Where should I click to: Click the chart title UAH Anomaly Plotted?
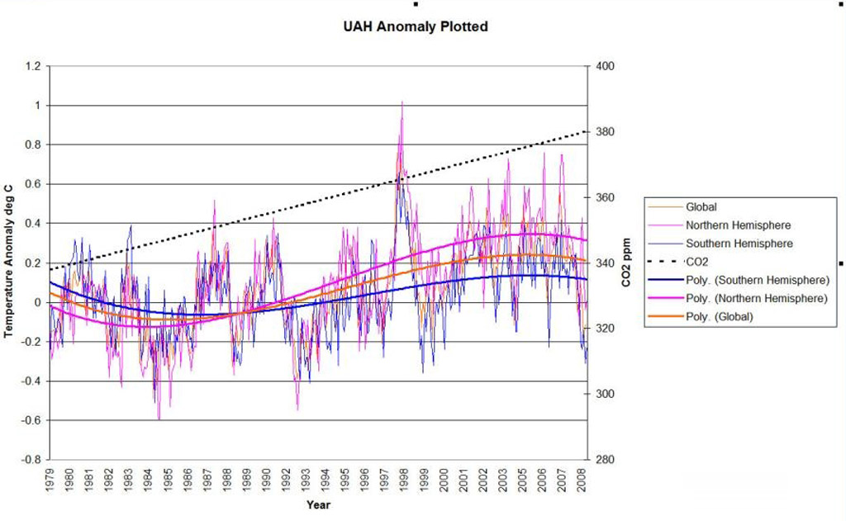pyautogui.click(x=415, y=26)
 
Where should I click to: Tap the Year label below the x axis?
pyautogui.click(x=318, y=504)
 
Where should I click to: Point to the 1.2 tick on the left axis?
pyautogui.click(x=33, y=66)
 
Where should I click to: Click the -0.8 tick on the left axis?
pyautogui.click(x=31, y=460)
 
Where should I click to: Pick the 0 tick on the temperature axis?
pyautogui.click(x=37, y=302)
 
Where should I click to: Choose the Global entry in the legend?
pyautogui.click(x=702, y=207)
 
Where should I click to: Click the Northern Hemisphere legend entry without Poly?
pyautogui.click(x=738, y=225)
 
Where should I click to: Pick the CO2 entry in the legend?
pyautogui.click(x=697, y=261)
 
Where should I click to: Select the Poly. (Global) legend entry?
pyautogui.click(x=719, y=315)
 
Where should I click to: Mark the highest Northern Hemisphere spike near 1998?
pyautogui.click(x=402, y=102)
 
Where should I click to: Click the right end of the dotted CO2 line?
pyautogui.click(x=585, y=130)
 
